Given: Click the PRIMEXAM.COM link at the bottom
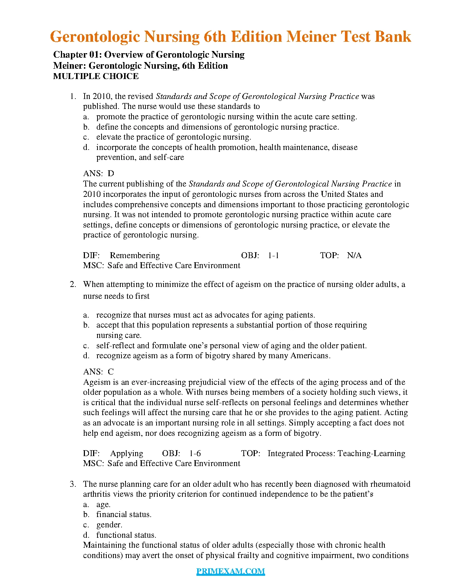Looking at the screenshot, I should (x=230, y=571).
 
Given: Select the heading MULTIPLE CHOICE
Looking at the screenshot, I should (x=96, y=76).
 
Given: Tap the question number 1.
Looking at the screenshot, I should (x=73, y=96).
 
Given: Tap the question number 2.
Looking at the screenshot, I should (x=73, y=284).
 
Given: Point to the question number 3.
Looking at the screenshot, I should (x=73, y=484).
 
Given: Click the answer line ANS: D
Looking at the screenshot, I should (x=99, y=173).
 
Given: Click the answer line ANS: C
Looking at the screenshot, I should (x=99, y=372).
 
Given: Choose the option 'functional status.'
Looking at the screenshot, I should (x=126, y=535).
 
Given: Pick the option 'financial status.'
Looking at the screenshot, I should (x=124, y=514).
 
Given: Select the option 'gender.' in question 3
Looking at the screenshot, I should (x=109, y=525).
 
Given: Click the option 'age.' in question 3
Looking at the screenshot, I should (x=103, y=504).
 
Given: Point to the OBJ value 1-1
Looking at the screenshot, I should (x=273, y=256).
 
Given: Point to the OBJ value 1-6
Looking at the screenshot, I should (x=195, y=454).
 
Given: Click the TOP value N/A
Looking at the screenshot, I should (x=354, y=256).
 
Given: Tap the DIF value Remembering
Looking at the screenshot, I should (x=135, y=256).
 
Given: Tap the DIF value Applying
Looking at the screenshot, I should (x=127, y=454).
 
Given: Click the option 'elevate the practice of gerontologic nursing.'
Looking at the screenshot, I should (x=174, y=137).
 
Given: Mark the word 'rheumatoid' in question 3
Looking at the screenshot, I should (x=390, y=484).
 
